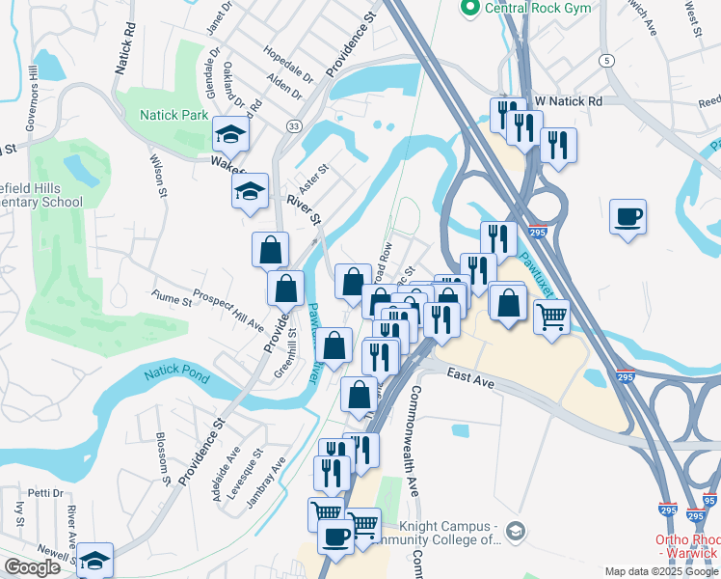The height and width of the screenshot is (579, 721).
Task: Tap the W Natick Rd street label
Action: [569, 100]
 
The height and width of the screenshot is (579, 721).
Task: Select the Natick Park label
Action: [174, 115]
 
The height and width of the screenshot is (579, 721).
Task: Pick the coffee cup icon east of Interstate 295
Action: [628, 216]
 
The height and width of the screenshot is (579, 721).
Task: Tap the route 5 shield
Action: [606, 61]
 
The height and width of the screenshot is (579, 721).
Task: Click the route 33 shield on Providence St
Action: [293, 125]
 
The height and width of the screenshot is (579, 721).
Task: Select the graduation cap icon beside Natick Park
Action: [231, 133]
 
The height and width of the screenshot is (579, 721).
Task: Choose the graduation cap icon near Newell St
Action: [95, 560]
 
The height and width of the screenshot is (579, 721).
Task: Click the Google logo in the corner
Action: [32, 567]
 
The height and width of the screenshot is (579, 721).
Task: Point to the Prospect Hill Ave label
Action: [227, 309]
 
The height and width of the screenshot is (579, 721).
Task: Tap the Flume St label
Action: [172, 300]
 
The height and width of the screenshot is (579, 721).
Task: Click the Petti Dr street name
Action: [44, 493]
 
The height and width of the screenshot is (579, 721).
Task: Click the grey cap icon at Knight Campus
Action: [517, 532]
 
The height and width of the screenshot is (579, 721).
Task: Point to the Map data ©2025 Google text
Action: [661, 571]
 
